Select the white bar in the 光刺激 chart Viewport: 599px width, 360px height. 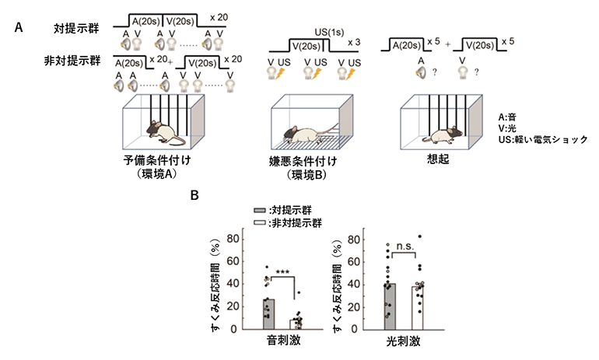point(419,307)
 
